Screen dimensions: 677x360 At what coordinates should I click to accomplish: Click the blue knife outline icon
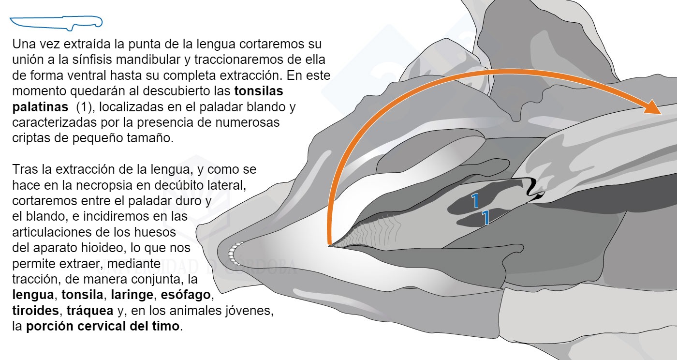click(x=56, y=23)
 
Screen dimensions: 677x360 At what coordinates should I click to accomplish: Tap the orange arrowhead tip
click(x=662, y=114)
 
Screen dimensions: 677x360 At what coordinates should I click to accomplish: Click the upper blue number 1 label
click(x=475, y=201)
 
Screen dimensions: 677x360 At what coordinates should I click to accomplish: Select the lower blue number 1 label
click(x=486, y=218)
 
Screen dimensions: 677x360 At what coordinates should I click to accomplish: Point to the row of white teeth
click(x=233, y=253)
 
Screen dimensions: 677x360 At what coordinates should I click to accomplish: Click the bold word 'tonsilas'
click(x=259, y=91)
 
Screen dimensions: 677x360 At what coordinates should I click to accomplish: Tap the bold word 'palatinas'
click(x=40, y=107)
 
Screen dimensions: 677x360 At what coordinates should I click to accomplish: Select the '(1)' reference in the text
click(x=84, y=107)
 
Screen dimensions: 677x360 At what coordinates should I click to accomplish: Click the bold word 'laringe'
click(x=132, y=295)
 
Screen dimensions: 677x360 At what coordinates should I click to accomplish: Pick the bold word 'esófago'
click(x=186, y=295)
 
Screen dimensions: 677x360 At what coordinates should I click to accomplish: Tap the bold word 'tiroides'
click(x=36, y=311)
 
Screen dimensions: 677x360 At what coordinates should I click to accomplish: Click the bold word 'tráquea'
click(x=90, y=311)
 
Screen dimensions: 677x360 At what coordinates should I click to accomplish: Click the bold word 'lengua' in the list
click(x=33, y=295)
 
